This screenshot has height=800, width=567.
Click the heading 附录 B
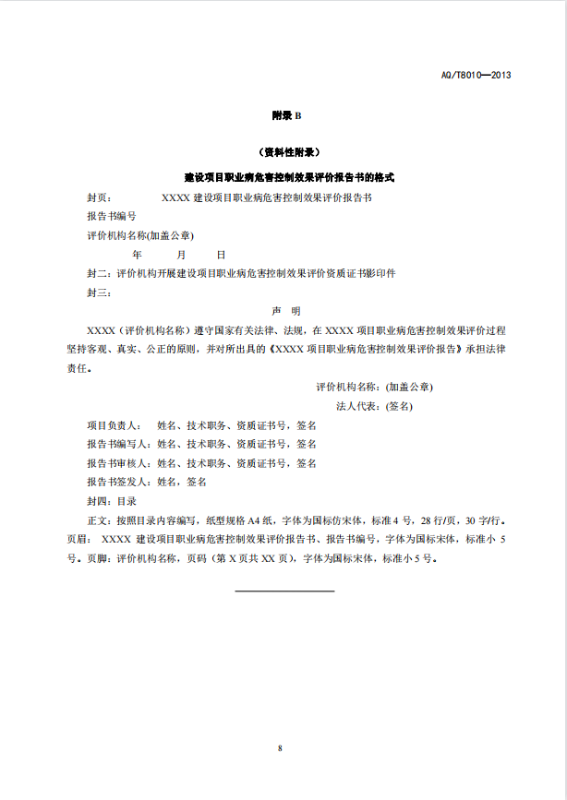pyautogui.click(x=286, y=115)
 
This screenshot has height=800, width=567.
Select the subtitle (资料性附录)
pyautogui.click(x=286, y=152)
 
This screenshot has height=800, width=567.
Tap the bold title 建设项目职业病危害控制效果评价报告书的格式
pyautogui.click(x=286, y=176)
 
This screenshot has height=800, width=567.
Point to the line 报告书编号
pyautogui.click(x=112, y=216)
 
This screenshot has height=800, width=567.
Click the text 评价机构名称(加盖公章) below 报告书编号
pyautogui.click(x=140, y=235)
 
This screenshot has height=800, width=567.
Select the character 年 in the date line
pyautogui.click(x=137, y=254)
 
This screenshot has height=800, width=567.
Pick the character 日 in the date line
pyautogui.click(x=221, y=254)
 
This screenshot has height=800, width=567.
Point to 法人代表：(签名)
pyautogui.click(x=374, y=406)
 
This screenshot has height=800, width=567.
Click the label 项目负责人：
pyautogui.click(x=115, y=425)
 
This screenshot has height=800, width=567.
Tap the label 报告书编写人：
pyautogui.click(x=121, y=444)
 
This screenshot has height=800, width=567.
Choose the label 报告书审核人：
pyautogui.click(x=121, y=463)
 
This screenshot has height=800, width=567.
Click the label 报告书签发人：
pyautogui.click(x=121, y=482)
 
